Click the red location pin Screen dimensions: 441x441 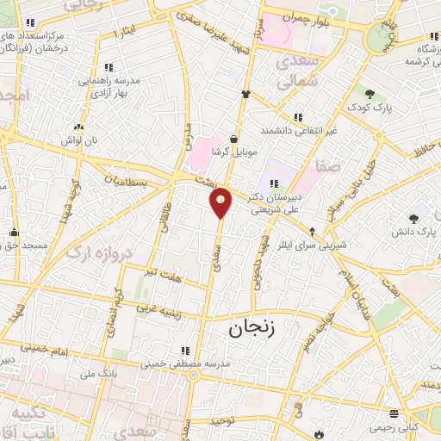(221, 202)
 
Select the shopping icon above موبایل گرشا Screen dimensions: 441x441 (233, 138)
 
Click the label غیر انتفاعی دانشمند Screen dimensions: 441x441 (297, 131)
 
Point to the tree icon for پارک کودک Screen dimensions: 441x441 (370, 94)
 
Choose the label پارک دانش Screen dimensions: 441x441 (417, 232)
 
